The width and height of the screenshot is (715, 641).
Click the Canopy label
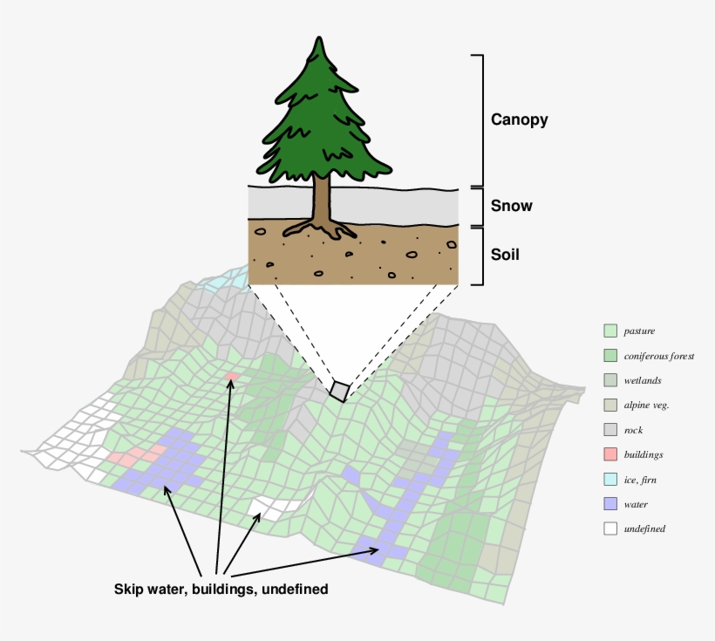[519, 119]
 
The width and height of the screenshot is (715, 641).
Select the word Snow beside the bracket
[511, 207]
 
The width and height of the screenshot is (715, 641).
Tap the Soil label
[505, 256]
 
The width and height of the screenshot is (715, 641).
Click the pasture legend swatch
[610, 331]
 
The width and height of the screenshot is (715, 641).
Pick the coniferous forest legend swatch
[610, 356]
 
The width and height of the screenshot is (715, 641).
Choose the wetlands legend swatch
[610, 380]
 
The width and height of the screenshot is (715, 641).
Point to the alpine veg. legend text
[646, 406]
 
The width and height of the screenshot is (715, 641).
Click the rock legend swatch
[610, 430]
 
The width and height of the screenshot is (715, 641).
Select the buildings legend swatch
[610, 454]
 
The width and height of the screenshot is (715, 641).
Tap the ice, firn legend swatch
[610, 479]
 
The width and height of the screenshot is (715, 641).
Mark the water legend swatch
[610, 504]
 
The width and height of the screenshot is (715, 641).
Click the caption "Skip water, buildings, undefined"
[221, 590]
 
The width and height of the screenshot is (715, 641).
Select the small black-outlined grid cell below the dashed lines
[339, 391]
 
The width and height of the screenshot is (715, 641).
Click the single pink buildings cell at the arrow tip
[232, 377]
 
